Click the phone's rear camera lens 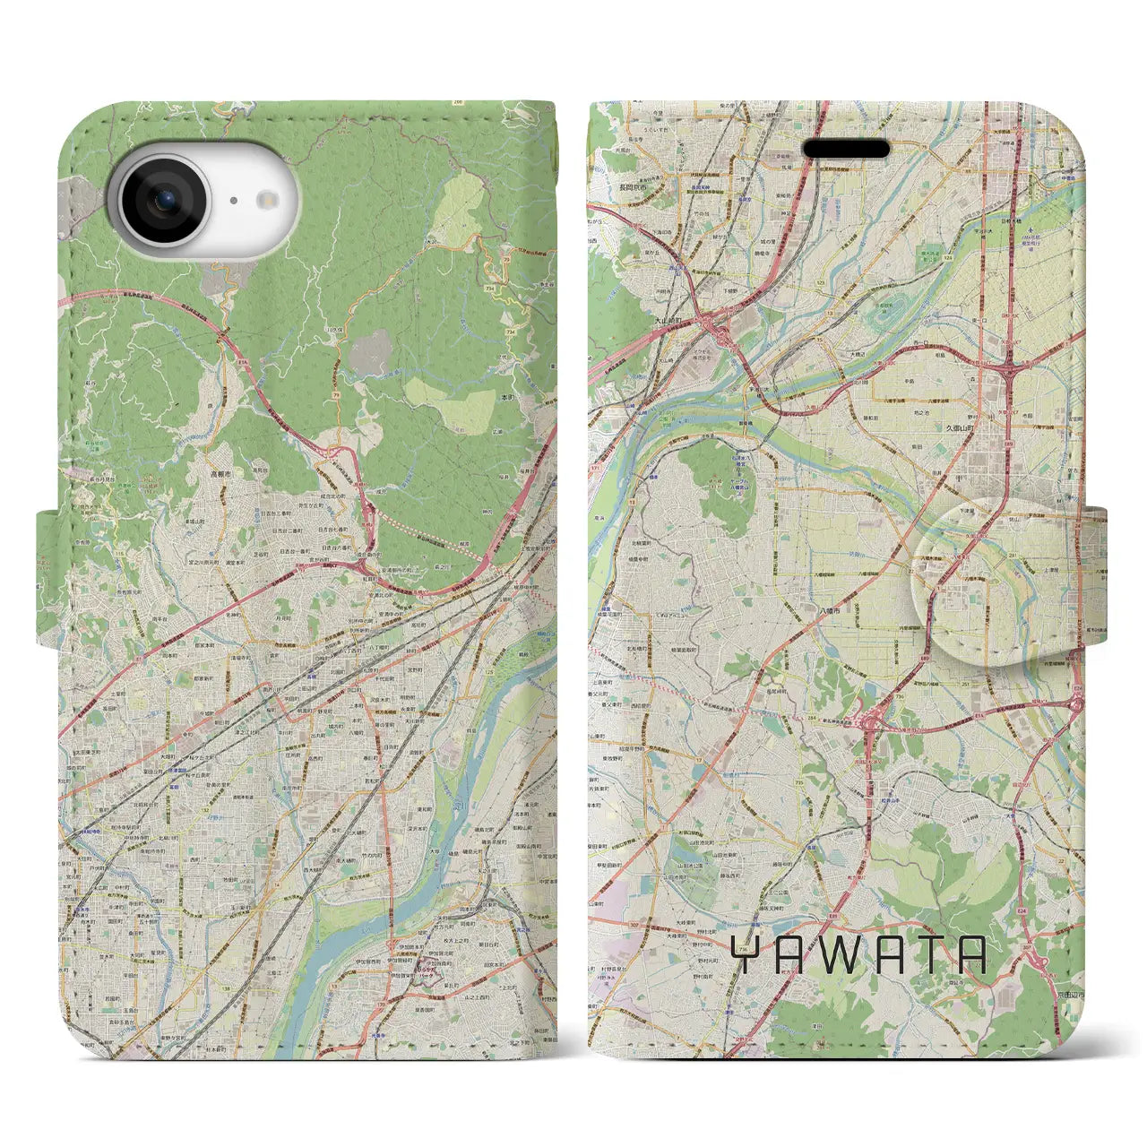pos(163,203)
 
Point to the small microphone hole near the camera pos(232,202)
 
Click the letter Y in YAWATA pos(745,955)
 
